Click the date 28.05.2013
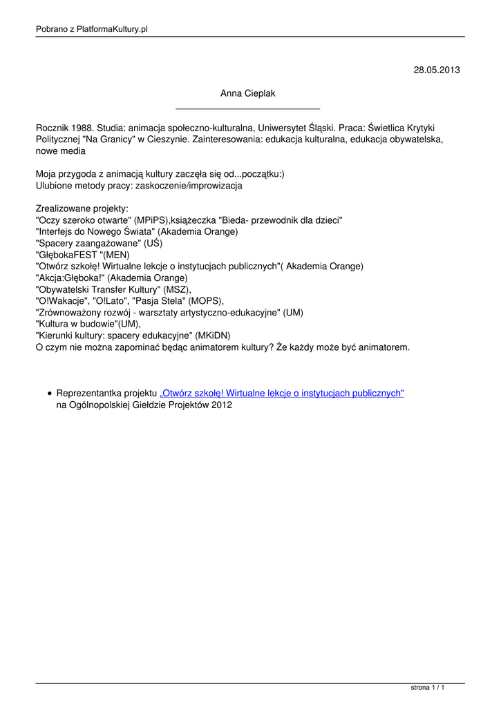436,70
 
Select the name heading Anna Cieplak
247,93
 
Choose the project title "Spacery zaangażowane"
87,243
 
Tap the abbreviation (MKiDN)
213,336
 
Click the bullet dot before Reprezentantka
50,394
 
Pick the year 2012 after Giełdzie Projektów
222,405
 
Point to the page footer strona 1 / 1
427,688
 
